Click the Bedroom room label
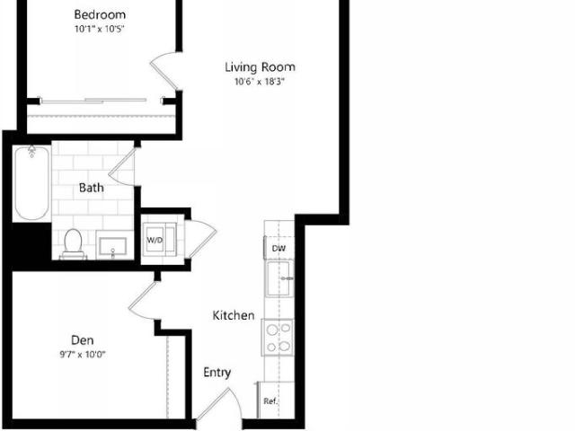pos(100,15)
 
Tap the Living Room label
pos(260,67)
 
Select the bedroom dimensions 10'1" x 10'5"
pos(100,30)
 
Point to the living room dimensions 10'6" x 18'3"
pos(260,82)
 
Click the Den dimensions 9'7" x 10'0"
pos(83,355)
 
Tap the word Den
pos(82,340)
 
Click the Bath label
pos(92,188)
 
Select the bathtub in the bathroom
pos(31,183)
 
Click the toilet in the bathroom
pos(73,243)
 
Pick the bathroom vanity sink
pos(112,246)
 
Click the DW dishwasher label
pos(279,249)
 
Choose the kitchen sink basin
pos(279,278)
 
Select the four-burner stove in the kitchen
pos(278,338)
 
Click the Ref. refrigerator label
pos(270,401)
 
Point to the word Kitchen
pos(234,315)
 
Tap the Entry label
pos(217,373)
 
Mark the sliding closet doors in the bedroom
pos(93,101)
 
